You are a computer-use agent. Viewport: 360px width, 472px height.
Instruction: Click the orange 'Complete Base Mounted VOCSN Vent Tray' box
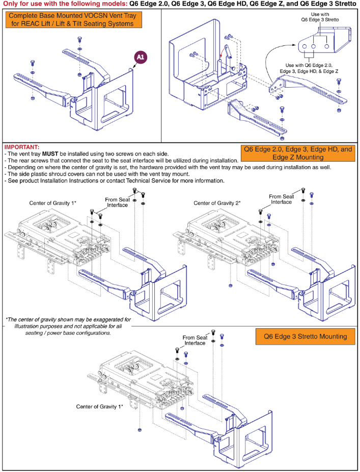74,19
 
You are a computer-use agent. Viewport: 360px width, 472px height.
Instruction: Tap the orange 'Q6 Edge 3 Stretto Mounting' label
304,336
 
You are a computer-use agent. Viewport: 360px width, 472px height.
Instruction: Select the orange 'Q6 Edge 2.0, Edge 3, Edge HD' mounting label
297,153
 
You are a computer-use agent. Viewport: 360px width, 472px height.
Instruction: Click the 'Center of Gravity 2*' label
217,203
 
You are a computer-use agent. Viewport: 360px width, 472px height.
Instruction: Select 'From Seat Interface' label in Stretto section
195,340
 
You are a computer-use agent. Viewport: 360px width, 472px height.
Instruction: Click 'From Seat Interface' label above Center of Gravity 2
281,199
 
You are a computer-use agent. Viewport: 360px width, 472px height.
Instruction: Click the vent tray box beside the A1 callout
104,97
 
